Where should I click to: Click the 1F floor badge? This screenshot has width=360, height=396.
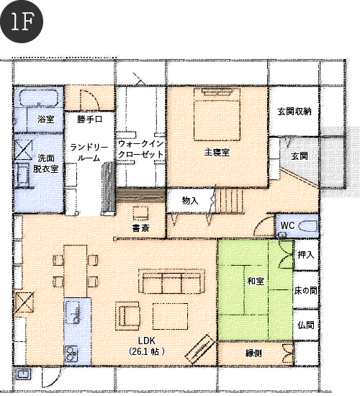pos(22,22)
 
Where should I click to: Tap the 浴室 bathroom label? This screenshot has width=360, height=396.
pos(46,119)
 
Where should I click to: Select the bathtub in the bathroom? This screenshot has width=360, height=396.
pos(39,97)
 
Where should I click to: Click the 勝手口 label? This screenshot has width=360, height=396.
pos(90,120)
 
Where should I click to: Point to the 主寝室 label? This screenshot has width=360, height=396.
pos(217,153)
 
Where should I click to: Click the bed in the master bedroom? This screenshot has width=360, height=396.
pos(217,114)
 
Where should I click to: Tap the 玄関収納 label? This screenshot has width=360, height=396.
pos(294,112)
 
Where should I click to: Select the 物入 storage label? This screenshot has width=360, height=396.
pos(190,201)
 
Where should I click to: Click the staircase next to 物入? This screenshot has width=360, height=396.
pos(230,202)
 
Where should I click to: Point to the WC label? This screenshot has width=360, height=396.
pos(287,225)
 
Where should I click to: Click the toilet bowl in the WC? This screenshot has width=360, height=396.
pos(307,226)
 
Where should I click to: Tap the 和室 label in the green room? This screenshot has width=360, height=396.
pos(256,281)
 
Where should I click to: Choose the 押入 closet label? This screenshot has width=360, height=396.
pos(306,255)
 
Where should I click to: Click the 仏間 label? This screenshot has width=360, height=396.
pos(306,325)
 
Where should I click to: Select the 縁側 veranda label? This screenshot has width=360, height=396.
pos(253,353)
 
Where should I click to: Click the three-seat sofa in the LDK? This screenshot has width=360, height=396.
pos(172,282)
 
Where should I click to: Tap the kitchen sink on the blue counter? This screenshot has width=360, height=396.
pos(73,312)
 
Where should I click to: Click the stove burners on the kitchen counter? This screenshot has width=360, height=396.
pos(71,354)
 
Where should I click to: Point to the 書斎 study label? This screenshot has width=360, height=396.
pos(140,228)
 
